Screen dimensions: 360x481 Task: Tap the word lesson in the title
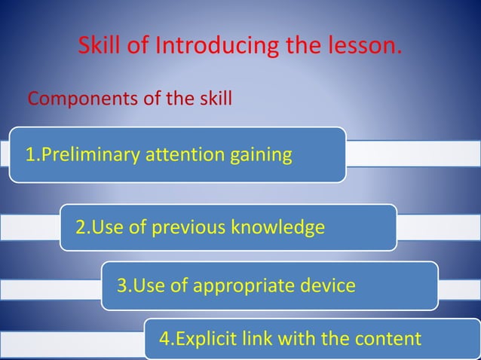363,47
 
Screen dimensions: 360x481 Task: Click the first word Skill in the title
102,47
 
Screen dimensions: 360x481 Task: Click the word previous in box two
185,227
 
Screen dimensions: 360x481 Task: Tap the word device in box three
325,286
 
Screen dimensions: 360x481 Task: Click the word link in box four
258,339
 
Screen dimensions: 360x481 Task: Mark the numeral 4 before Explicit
164,339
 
